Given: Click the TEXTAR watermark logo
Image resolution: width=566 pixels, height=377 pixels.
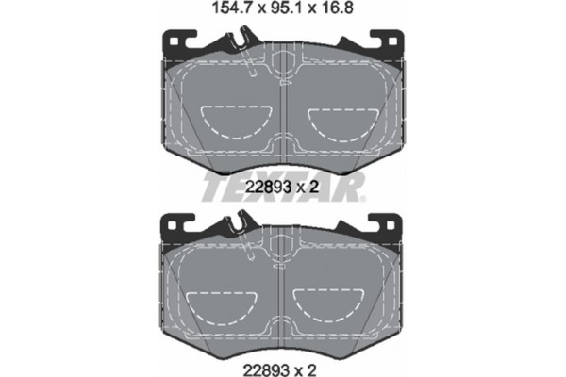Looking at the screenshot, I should (282, 187).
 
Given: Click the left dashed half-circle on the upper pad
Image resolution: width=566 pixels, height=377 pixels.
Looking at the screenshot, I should (235, 121).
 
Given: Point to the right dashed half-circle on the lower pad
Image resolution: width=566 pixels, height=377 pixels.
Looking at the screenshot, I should (332, 303).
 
